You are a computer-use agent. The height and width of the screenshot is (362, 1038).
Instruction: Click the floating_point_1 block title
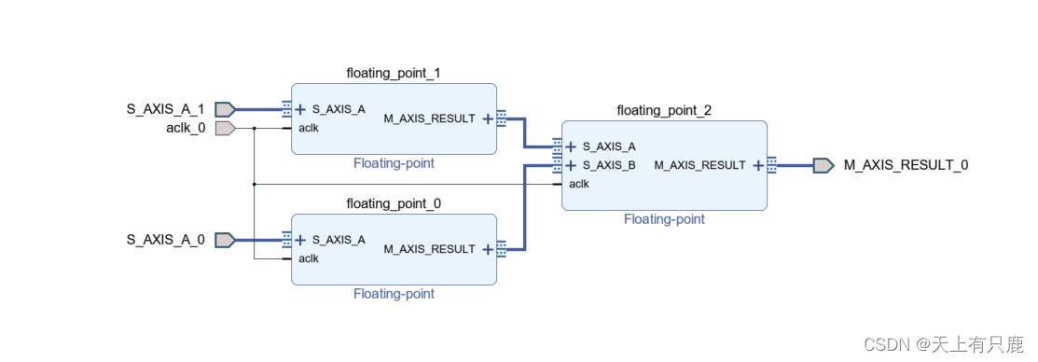(x=393, y=73)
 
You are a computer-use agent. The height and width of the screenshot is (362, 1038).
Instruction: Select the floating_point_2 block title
(x=663, y=110)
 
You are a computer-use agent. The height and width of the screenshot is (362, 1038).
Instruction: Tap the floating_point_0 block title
(x=393, y=203)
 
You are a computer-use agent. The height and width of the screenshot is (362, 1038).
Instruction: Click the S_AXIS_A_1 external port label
(x=165, y=109)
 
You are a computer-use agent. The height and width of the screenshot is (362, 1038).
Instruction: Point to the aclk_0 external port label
(x=185, y=128)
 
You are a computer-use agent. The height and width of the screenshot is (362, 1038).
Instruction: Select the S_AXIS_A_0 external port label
(x=165, y=240)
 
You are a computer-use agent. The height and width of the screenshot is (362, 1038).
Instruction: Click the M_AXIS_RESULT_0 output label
(x=906, y=165)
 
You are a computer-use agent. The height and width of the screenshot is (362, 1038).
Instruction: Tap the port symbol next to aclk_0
(x=225, y=128)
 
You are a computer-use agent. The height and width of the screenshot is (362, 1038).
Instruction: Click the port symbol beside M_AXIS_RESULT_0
(x=823, y=165)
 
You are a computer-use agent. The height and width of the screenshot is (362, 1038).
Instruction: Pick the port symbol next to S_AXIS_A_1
(x=225, y=109)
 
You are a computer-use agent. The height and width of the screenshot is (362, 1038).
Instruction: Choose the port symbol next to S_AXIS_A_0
(x=225, y=240)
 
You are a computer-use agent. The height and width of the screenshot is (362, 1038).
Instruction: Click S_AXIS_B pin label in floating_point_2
(x=609, y=165)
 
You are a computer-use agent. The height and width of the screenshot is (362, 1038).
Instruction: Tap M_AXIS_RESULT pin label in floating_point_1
(x=429, y=118)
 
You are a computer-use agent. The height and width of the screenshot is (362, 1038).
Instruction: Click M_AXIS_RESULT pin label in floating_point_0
(x=429, y=249)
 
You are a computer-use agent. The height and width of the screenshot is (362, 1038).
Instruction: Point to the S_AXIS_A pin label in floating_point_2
(x=609, y=146)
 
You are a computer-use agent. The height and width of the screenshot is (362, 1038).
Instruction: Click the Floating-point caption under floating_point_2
(x=664, y=219)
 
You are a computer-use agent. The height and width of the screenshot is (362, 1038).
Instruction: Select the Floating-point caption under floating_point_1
(x=394, y=163)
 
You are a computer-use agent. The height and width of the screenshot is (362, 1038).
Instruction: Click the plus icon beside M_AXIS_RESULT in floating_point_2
(x=758, y=165)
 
